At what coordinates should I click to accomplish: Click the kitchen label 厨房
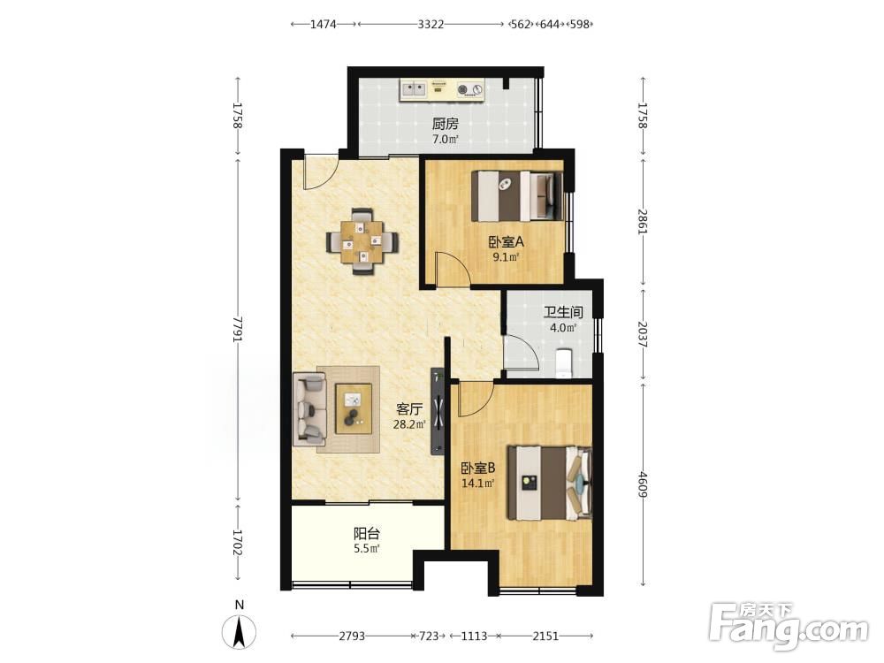[x=445, y=124]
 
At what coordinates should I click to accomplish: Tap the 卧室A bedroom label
[x=507, y=242]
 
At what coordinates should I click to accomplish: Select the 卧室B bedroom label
[x=478, y=468]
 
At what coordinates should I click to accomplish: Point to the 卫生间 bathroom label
[x=563, y=312]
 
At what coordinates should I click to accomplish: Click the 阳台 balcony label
[x=367, y=533]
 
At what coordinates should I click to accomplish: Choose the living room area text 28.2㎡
[x=409, y=424]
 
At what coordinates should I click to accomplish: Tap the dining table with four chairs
[x=363, y=242]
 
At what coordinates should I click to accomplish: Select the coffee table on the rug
[x=354, y=408]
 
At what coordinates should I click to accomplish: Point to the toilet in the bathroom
[x=564, y=363]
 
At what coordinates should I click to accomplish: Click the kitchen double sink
[x=413, y=89]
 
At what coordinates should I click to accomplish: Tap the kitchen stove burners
[x=471, y=89]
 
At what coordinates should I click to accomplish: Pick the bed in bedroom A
[x=517, y=196]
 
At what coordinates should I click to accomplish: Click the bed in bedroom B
[x=550, y=484]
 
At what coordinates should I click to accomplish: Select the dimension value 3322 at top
[x=431, y=24]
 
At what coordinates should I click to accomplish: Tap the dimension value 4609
[x=643, y=484]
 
